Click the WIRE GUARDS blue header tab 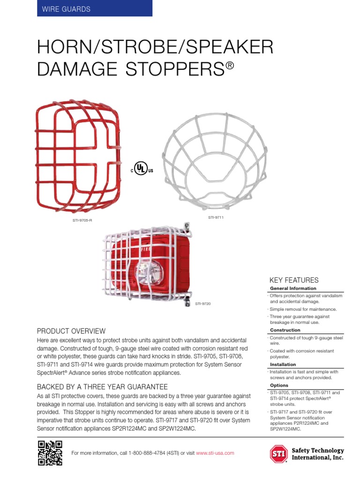click(94, 9)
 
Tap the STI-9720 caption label click(203, 304)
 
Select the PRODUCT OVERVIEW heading click(71, 331)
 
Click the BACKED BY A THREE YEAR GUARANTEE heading click(102, 387)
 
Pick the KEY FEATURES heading click(294, 280)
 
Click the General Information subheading click(293, 288)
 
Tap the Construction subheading click(285, 330)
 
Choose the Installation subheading click(283, 364)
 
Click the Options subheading click(279, 385)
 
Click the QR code click(50, 453)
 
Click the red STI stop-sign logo click(279, 454)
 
